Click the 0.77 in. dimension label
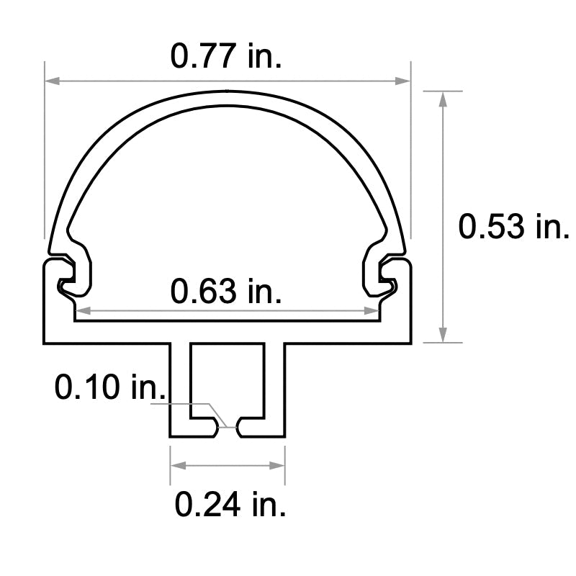[226, 55]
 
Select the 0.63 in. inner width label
[226, 292]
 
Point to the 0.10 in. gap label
[111, 389]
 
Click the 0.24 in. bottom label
[230, 504]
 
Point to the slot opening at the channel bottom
[228, 428]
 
